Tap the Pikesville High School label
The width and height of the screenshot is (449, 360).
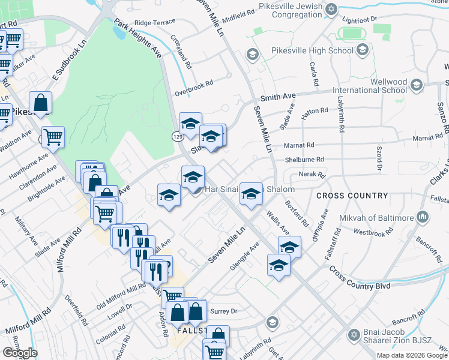[x=312, y=50]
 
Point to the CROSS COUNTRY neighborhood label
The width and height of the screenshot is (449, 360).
[x=352, y=196]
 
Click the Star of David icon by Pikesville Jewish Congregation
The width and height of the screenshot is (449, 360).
[x=331, y=9]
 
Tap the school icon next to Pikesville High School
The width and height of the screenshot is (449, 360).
[x=361, y=50]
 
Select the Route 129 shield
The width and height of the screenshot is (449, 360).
[x=177, y=137]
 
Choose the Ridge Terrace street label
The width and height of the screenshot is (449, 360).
[x=155, y=22]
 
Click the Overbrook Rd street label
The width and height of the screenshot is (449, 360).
[x=194, y=89]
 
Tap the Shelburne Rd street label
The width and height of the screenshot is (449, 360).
[x=304, y=160]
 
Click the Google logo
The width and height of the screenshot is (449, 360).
[x=20, y=353]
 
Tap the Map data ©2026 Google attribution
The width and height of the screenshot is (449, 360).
[x=412, y=355]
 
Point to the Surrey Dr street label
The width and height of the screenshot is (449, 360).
[x=226, y=311]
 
